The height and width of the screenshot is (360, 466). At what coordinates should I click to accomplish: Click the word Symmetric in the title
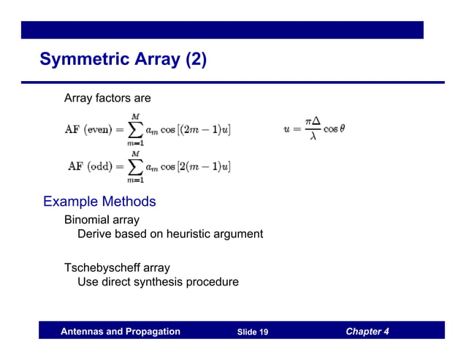87,59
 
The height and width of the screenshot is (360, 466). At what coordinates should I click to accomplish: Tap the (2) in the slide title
195,59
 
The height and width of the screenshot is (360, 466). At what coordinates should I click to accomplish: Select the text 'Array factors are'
107,98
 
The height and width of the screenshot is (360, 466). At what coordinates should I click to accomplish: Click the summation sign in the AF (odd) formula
136,166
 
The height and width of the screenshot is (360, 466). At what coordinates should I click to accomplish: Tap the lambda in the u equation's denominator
313,137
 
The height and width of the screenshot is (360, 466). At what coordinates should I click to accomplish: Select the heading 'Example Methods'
99,201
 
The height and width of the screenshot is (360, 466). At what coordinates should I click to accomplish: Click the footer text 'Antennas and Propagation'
121,332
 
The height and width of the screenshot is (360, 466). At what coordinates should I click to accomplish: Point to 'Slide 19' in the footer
253,332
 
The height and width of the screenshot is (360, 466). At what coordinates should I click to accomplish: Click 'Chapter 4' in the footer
367,332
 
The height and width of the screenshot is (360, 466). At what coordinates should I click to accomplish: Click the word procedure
215,282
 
